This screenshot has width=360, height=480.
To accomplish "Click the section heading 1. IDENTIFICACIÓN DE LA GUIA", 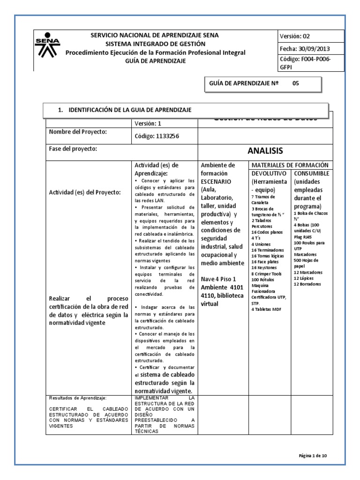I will pyautogui.click(x=124, y=110).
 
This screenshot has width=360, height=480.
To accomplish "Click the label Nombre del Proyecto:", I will pyautogui.click(x=78, y=132).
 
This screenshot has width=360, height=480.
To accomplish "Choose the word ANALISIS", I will pyautogui.click(x=265, y=151).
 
